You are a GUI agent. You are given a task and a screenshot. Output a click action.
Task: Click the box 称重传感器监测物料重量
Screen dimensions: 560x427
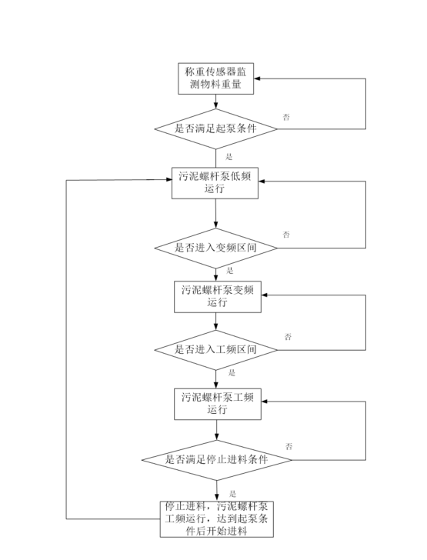tap(216, 78)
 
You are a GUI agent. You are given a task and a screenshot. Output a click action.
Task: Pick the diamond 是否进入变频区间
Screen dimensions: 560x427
tap(216, 248)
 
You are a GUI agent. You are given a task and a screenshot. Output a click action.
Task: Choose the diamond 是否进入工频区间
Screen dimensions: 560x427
tap(216, 350)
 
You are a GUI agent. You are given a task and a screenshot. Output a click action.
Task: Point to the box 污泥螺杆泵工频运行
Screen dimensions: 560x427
tap(216, 403)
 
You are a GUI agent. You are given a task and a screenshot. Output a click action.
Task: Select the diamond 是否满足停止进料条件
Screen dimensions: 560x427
tap(216, 459)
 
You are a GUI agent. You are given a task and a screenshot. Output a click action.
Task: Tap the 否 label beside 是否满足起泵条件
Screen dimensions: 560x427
tap(287, 116)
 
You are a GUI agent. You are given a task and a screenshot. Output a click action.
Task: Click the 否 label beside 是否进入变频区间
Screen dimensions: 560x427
tap(287, 233)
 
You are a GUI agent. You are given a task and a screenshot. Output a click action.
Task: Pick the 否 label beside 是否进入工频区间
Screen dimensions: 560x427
tap(288, 337)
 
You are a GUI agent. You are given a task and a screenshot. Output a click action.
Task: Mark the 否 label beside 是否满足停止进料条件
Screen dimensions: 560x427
tap(289, 446)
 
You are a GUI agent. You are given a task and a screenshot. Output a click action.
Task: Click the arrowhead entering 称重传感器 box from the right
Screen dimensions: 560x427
tap(260, 78)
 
